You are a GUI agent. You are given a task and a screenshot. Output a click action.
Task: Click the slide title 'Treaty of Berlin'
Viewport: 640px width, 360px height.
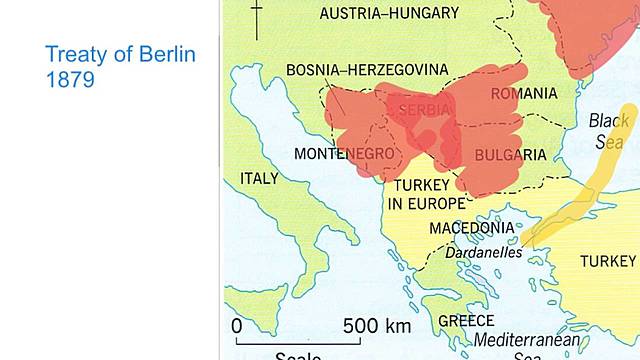[121, 54]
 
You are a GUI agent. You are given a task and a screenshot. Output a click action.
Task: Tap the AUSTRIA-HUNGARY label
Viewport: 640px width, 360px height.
[389, 13]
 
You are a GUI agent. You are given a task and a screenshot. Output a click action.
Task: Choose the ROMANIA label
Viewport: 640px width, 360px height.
[523, 93]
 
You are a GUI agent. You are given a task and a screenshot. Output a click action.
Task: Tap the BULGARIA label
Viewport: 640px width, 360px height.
[510, 155]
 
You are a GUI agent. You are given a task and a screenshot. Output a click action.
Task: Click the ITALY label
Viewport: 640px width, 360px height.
[260, 178]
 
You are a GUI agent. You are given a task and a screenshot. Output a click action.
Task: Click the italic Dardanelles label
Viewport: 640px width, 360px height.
[484, 254]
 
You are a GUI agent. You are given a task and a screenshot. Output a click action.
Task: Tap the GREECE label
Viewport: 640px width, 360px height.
[467, 321]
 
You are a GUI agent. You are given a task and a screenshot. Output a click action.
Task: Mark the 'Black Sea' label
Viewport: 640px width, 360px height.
[609, 131]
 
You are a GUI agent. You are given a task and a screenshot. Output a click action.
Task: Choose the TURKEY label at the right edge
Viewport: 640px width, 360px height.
[608, 261]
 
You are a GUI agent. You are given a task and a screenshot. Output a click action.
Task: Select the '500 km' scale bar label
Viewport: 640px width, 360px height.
[377, 326]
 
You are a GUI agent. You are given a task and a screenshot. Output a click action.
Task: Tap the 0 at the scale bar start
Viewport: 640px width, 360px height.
[236, 326]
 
